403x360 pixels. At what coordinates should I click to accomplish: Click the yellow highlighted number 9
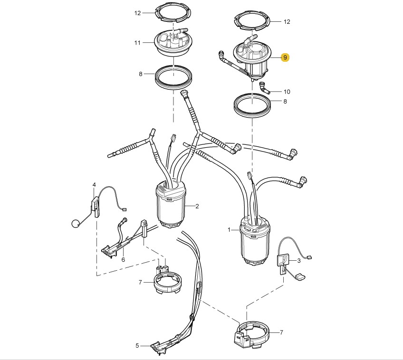click(x=285, y=57)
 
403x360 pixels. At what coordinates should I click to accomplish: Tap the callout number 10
click(x=287, y=92)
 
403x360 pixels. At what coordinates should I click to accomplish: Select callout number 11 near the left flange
click(x=137, y=43)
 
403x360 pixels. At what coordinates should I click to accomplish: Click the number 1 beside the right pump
click(x=229, y=230)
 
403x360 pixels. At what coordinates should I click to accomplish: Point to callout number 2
click(x=197, y=206)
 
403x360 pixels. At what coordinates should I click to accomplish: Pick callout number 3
click(x=298, y=261)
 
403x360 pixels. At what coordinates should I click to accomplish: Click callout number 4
click(x=94, y=185)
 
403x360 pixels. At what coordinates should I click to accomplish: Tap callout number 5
click(x=137, y=346)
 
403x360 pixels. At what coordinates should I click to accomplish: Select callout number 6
click(x=123, y=260)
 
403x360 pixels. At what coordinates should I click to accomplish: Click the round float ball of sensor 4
click(x=75, y=224)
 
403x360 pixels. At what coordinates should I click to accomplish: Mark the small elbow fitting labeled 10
click(x=264, y=87)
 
